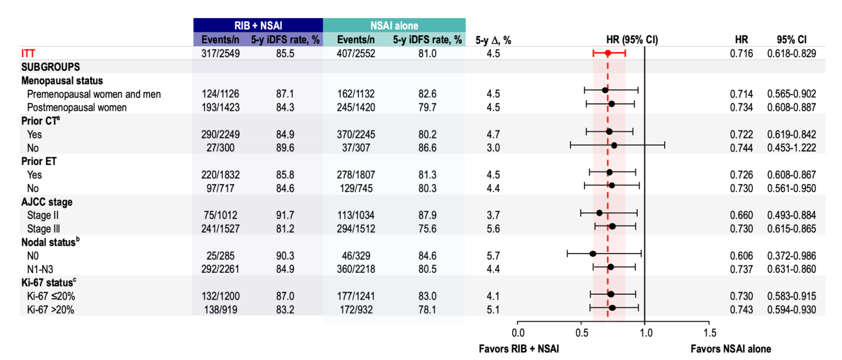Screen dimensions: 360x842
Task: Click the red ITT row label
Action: tap(28, 54)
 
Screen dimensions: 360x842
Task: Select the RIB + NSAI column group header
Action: tap(258, 26)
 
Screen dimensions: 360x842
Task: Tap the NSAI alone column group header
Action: tap(394, 26)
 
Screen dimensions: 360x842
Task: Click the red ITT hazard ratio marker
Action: tap(607, 53)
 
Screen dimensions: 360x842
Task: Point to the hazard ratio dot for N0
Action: tap(593, 254)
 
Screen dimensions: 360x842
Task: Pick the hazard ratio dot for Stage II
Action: tap(600, 213)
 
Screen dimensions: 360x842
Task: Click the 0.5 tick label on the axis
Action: tap(581, 333)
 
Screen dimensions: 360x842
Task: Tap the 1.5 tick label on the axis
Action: tap(710, 333)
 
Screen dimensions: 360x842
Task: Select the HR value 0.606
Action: tap(741, 256)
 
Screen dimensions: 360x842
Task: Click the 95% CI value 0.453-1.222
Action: tap(792, 148)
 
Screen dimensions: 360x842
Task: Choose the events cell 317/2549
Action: tap(221, 54)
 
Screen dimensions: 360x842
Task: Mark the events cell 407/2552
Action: tap(356, 54)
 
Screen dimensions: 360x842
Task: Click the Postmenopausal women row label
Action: tap(77, 108)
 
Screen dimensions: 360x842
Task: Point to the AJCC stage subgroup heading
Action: tap(47, 202)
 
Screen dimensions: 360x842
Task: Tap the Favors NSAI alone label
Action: tap(731, 349)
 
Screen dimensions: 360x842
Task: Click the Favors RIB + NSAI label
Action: tap(518, 349)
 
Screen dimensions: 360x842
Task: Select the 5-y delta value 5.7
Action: tap(493, 256)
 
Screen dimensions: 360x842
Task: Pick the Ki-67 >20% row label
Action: tap(50, 310)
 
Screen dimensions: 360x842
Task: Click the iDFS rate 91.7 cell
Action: tap(285, 215)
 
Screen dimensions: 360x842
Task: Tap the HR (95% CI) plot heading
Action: tap(632, 40)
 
